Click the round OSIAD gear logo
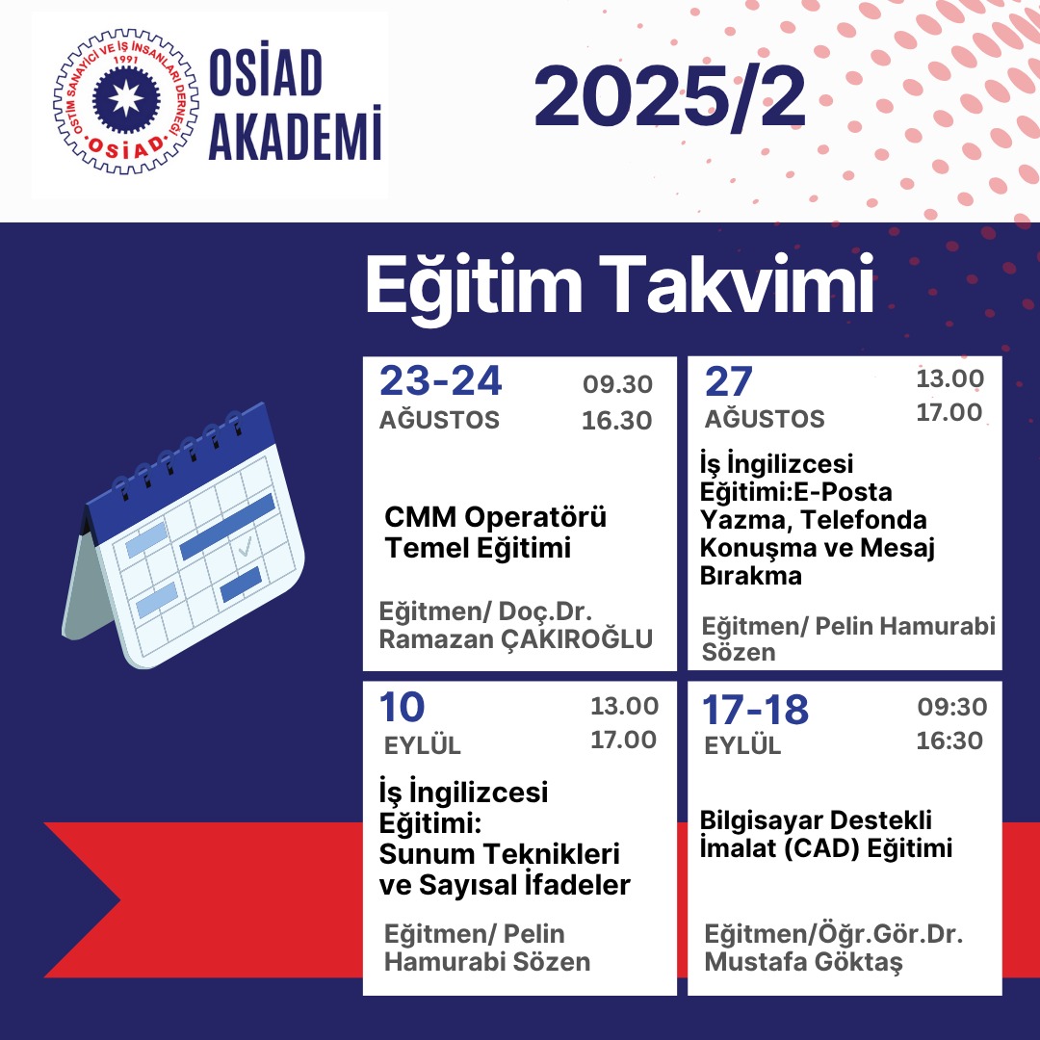(x=126, y=101)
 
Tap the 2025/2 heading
(x=670, y=97)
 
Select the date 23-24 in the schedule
(x=440, y=380)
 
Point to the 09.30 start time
(x=617, y=384)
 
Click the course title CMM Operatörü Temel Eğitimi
(x=495, y=533)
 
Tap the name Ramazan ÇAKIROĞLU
(x=515, y=638)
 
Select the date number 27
(x=728, y=381)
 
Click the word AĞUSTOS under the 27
(x=764, y=419)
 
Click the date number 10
(x=402, y=707)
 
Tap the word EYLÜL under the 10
(x=423, y=745)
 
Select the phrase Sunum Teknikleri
(x=499, y=853)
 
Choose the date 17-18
(x=756, y=710)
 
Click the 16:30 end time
(x=949, y=741)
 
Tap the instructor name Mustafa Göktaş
(x=803, y=962)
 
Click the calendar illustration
(x=184, y=535)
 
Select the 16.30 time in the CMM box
(x=617, y=421)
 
